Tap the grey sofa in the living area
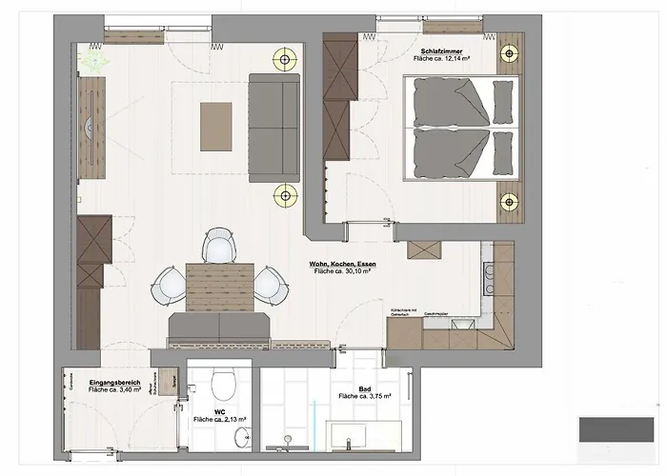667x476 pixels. click(269, 128)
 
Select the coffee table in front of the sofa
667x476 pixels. click(215, 125)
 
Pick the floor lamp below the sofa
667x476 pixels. click(283, 197)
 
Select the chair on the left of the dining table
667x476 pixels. click(170, 282)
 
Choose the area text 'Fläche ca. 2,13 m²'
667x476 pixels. click(221, 419)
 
